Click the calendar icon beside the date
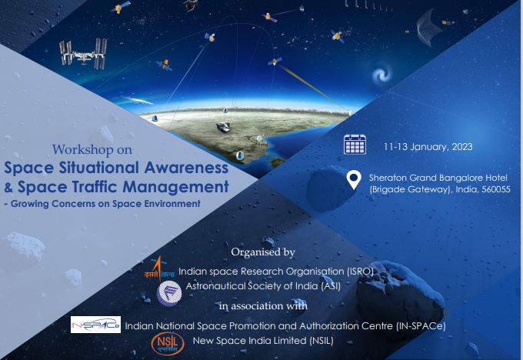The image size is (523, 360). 355,145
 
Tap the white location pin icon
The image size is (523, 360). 354,179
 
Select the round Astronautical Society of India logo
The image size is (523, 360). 169,293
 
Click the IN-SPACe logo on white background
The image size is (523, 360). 95,325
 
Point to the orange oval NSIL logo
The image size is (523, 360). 168,344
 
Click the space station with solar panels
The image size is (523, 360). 83,54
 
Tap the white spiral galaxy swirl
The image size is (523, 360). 382,74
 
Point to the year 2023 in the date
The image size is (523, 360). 462,147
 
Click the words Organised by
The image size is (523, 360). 263,252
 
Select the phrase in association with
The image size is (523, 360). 263,305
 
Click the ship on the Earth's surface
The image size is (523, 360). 224,126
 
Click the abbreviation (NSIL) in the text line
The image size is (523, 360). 321,341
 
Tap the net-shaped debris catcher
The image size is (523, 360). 428,28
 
